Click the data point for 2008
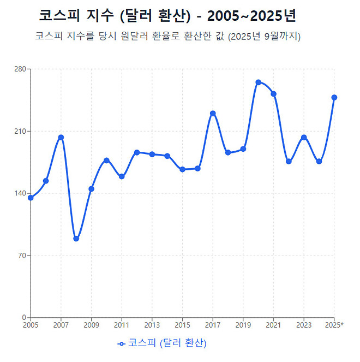pyautogui.click(x=76, y=239)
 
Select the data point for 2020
pyautogui.click(x=258, y=82)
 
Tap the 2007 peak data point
pyautogui.click(x=61, y=137)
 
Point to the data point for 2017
pyautogui.click(x=213, y=114)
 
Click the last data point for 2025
pyautogui.click(x=334, y=98)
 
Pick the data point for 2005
pyautogui.click(x=31, y=198)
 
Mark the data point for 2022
pyautogui.click(x=289, y=162)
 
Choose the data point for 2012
pyautogui.click(x=137, y=152)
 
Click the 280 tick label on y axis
pyautogui.click(x=21, y=69)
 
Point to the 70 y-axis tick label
pyautogui.click(x=22, y=256)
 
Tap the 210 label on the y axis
pyautogui.click(x=21, y=132)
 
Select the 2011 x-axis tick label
pyautogui.click(x=122, y=325)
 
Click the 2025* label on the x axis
pyautogui.click(x=334, y=325)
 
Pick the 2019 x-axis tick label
pyautogui.click(x=243, y=325)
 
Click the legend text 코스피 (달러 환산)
pyautogui.click(x=167, y=343)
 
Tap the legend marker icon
pyautogui.click(x=122, y=343)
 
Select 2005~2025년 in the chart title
pyautogui.click(x=251, y=16)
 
